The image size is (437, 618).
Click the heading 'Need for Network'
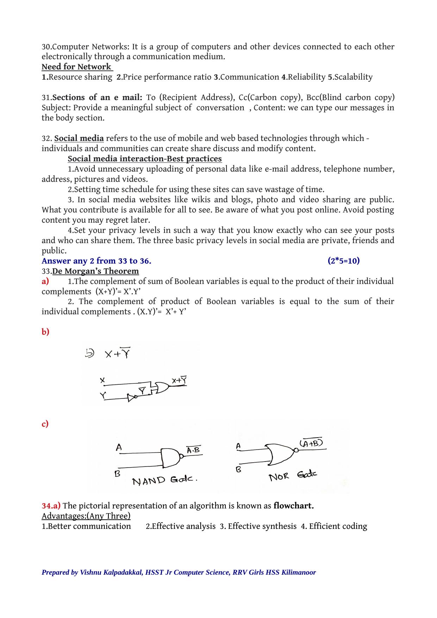pos(76,67)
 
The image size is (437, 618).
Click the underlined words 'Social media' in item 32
pos(79,138)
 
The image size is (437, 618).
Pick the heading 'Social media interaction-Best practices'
pos(145,159)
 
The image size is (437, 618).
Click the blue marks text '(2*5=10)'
pos(343,261)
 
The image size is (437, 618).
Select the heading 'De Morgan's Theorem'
pos(95,271)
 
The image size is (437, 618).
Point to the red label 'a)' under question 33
pos(45,282)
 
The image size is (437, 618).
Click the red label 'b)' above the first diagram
pos(45,332)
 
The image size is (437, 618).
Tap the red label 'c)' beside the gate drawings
pos(45,424)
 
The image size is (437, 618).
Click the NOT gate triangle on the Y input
pos(132,398)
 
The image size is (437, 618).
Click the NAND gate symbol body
pos(170,457)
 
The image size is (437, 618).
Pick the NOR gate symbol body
pos(280,454)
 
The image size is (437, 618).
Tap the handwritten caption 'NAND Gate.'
pos(164,481)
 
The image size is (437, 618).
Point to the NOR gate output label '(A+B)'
pos(311,443)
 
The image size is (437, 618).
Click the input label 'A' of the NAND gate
pos(119,447)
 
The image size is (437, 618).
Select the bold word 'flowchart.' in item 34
pos(293,506)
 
